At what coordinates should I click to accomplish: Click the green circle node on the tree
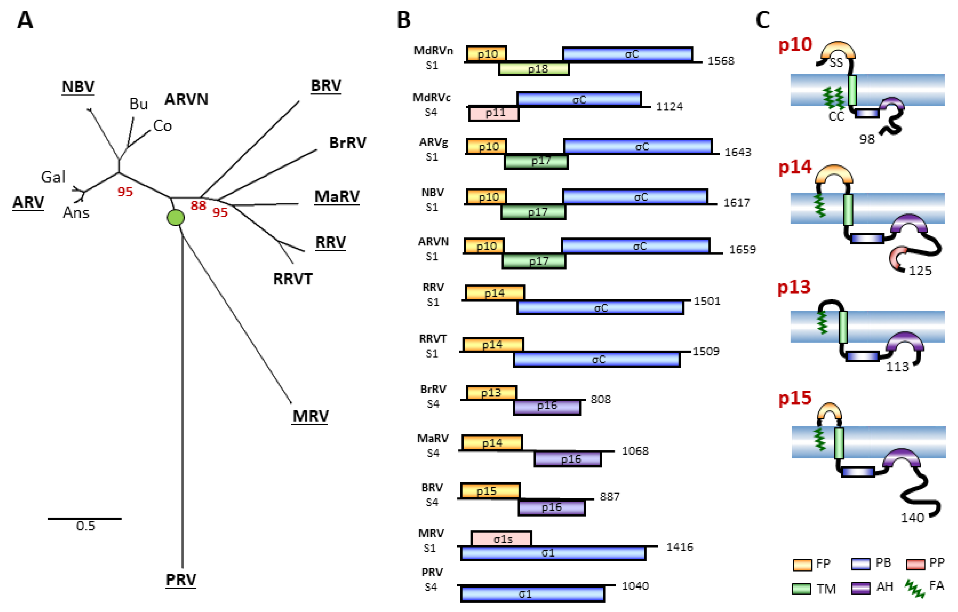[175, 218]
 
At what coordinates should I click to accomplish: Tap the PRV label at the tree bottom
[181, 579]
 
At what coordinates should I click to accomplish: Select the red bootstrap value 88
[198, 205]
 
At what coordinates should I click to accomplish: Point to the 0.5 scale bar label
[86, 526]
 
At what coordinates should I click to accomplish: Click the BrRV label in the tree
[347, 142]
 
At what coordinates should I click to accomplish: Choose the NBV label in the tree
[78, 86]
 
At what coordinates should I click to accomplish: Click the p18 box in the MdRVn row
[534, 69]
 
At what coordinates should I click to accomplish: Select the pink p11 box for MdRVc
[494, 113]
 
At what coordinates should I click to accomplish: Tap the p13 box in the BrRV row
[491, 393]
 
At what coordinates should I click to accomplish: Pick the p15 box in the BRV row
[490, 491]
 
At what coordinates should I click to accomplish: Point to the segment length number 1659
[742, 250]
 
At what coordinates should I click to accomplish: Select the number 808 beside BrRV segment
[600, 399]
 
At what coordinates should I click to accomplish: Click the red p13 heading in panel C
[794, 287]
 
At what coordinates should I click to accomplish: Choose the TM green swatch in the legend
[801, 588]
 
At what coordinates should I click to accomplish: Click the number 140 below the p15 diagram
[912, 518]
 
